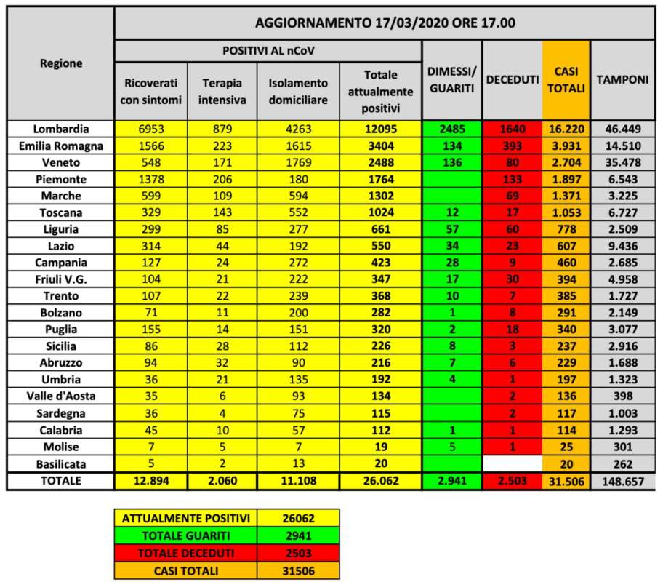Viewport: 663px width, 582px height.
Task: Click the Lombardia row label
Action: (x=61, y=129)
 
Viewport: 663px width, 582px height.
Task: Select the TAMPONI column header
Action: (x=622, y=80)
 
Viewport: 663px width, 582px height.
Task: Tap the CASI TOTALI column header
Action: (x=566, y=80)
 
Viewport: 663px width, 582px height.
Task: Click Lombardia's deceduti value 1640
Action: (x=512, y=129)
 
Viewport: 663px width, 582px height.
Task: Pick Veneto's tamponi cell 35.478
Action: (x=622, y=162)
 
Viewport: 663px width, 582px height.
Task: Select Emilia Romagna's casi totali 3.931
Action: (x=566, y=145)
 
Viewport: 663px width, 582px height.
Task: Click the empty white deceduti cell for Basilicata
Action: (x=512, y=463)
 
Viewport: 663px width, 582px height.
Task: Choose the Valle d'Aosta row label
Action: (x=61, y=396)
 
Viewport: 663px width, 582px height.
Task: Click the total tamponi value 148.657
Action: (x=622, y=480)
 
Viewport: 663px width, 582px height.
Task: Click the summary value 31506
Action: (x=300, y=571)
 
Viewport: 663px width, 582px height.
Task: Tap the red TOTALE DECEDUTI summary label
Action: (x=187, y=552)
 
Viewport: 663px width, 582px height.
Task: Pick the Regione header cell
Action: (x=61, y=63)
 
